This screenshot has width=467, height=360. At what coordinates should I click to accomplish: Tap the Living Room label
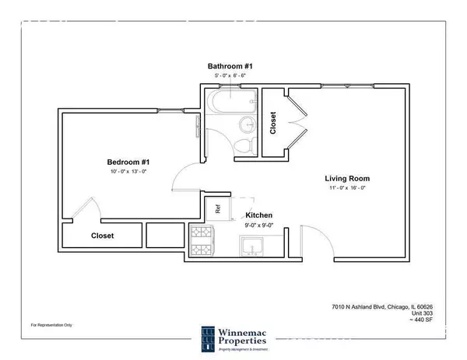point(346,178)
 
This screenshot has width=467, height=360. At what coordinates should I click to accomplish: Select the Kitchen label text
point(258,214)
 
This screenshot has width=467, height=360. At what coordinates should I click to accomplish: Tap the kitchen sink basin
point(253,247)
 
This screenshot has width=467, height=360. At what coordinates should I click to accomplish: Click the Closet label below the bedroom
point(103,235)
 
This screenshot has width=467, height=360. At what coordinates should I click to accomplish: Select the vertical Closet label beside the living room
point(272,122)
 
